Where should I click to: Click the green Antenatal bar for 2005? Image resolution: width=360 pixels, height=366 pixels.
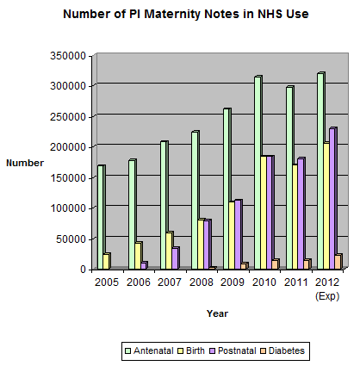click(101, 217)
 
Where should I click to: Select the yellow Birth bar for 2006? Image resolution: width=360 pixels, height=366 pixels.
click(138, 256)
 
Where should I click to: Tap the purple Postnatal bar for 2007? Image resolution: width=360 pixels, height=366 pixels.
click(176, 258)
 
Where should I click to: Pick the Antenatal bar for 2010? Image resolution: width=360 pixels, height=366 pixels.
click(258, 172)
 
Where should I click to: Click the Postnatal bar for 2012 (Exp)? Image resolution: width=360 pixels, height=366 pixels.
click(333, 198)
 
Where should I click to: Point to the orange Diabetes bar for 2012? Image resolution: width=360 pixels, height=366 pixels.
click(338, 262)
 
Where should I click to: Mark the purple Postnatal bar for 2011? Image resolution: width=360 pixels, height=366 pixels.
click(301, 214)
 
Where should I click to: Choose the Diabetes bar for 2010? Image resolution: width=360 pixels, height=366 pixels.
click(276, 264)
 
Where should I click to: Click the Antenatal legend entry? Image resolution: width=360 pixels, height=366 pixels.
click(150, 350)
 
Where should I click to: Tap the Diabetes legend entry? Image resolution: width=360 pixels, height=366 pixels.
click(282, 350)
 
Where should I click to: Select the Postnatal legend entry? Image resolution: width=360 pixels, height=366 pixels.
click(233, 350)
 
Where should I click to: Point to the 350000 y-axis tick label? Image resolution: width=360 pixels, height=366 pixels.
click(68, 56)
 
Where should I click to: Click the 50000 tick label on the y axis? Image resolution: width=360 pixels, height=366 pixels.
click(71, 239)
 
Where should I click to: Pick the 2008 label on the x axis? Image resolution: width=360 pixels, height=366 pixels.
click(202, 282)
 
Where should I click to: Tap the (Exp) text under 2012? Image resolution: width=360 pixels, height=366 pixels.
click(327, 296)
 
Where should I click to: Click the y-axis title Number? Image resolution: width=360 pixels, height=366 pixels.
click(25, 163)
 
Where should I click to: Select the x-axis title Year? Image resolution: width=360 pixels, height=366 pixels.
click(217, 313)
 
